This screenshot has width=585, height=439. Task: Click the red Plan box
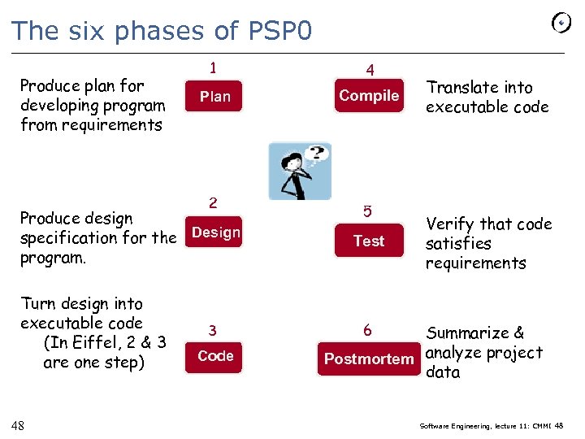pyautogui.click(x=215, y=96)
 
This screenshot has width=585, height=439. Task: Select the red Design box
pyautogui.click(x=215, y=233)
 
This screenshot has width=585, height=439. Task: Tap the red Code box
pyautogui.click(x=215, y=356)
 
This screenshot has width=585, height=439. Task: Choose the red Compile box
pyautogui.click(x=369, y=96)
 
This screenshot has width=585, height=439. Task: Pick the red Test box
pyautogui.click(x=369, y=241)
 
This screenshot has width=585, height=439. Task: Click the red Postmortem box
pyautogui.click(x=369, y=359)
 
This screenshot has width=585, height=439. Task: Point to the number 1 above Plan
pyautogui.click(x=213, y=67)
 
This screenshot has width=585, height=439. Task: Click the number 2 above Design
pyautogui.click(x=213, y=202)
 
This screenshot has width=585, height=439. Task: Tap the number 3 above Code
pyautogui.click(x=213, y=330)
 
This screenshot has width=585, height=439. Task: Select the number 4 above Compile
pyautogui.click(x=370, y=70)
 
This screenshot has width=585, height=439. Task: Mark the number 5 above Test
pyautogui.click(x=367, y=211)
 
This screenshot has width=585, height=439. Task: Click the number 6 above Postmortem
pyautogui.click(x=367, y=330)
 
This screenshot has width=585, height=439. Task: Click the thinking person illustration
pyautogui.click(x=300, y=171)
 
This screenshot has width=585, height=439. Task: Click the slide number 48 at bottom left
pyautogui.click(x=17, y=424)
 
